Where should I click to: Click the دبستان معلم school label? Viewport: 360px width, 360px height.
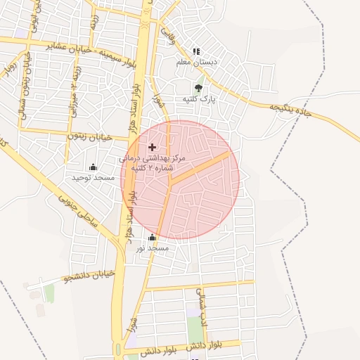coord(199,62)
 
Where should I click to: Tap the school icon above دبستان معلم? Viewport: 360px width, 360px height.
coord(196,51)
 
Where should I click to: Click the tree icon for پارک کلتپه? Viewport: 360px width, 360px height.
coord(198,89)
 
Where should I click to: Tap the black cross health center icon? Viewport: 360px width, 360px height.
coord(153,147)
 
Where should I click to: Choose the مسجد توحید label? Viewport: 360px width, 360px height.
coord(92,177)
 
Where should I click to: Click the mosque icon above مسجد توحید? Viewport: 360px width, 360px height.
coord(92,167)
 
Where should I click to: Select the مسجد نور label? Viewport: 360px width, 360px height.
coord(153,247)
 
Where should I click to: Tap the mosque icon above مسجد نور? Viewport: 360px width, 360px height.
coord(153,237)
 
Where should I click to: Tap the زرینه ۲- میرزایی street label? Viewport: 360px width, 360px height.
coord(73,95)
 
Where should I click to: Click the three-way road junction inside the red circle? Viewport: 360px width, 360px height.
coord(170,184)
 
